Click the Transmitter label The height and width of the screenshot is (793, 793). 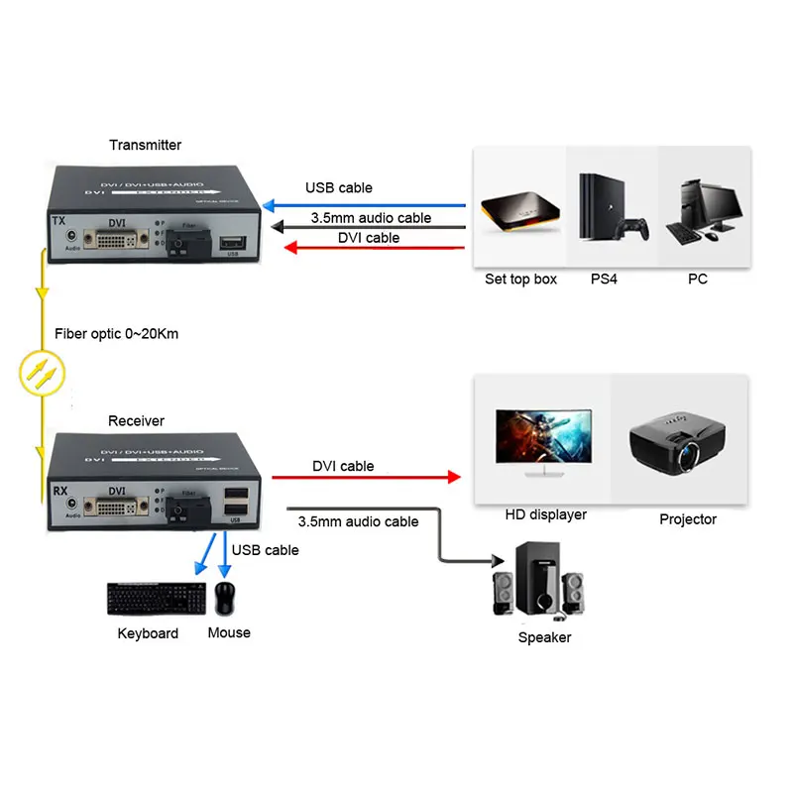coord(145,145)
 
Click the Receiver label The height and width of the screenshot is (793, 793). coord(136,421)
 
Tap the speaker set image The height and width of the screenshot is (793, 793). coord(542,585)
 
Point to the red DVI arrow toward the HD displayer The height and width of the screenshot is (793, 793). coord(367,477)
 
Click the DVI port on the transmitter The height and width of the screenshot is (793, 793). coord(117,240)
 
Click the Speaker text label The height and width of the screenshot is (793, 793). coord(544,637)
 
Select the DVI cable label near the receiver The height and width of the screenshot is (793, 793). coord(343,466)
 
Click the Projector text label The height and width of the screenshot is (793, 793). coord(688,519)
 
